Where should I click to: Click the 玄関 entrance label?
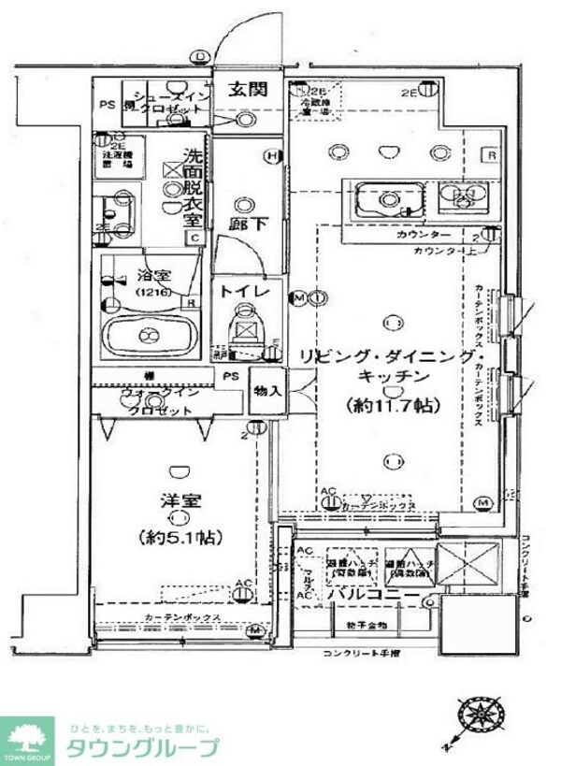[x=248, y=91]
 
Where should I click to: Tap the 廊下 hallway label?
[x=245, y=224]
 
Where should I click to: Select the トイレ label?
[x=245, y=292]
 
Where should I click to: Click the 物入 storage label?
[x=266, y=390]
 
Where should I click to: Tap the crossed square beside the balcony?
[x=465, y=565]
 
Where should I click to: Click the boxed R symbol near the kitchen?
[x=490, y=155]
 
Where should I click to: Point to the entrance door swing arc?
[x=232, y=42]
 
